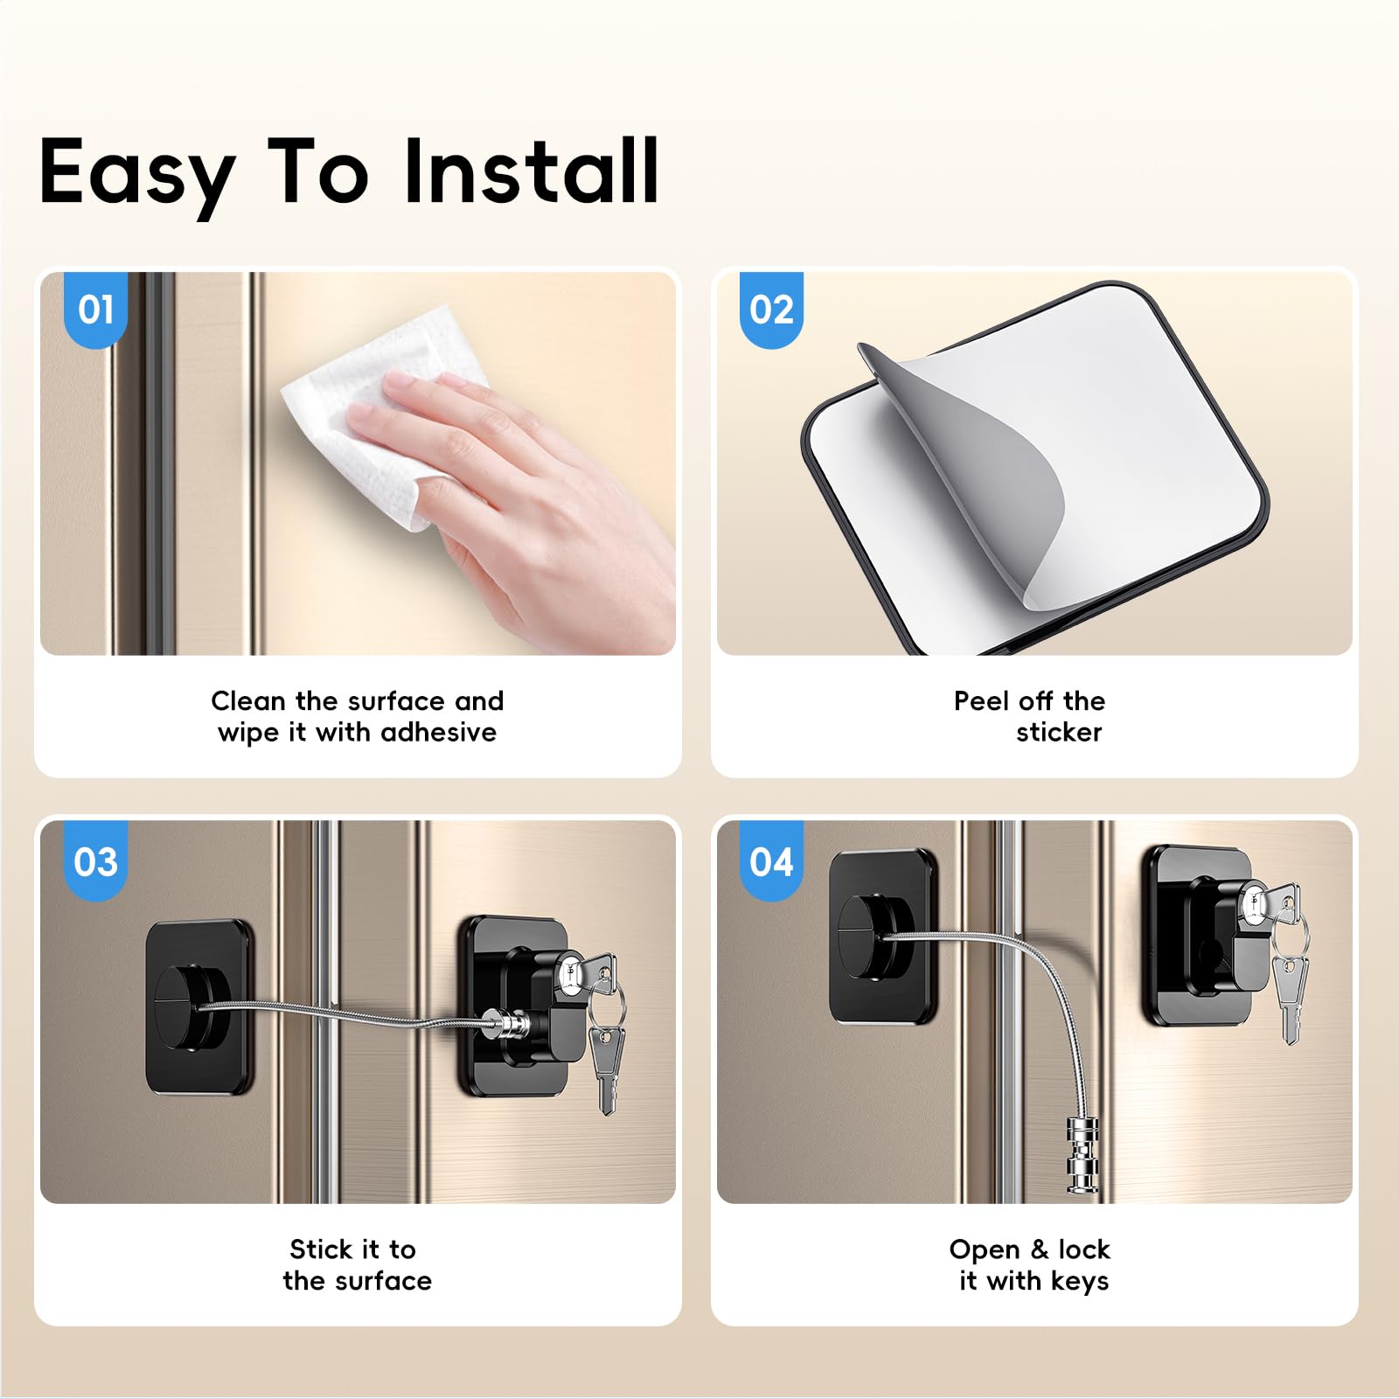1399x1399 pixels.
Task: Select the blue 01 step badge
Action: [96, 310]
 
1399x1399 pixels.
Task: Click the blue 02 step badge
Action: [771, 310]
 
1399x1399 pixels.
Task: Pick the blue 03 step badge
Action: [96, 861]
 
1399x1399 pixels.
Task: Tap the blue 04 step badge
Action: [771, 861]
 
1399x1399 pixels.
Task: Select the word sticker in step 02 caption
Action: [1059, 732]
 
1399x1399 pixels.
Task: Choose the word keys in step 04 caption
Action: [1079, 1282]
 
